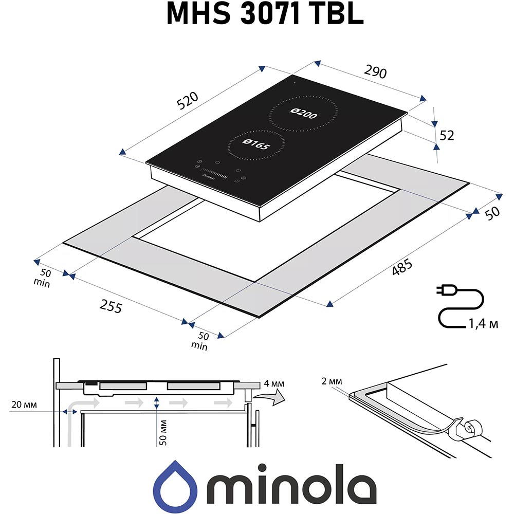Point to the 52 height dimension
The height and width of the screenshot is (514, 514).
pos(447,136)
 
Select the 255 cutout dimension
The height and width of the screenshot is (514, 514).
pos(111,307)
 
